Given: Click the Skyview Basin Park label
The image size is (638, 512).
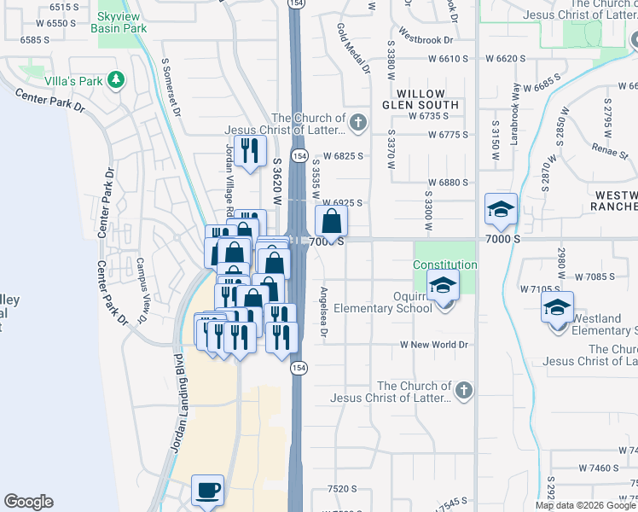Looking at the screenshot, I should pos(122,22).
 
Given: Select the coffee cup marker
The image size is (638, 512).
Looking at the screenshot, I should pos(207,492).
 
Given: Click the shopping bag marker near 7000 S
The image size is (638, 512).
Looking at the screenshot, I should pos(331,221).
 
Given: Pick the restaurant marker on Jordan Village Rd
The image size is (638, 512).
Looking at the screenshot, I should pos(250,151).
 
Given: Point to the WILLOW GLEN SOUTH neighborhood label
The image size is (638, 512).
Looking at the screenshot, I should pos(427,99).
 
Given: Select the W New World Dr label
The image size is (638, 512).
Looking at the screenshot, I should pos(435,345).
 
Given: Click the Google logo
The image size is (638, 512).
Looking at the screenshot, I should pos(29,502).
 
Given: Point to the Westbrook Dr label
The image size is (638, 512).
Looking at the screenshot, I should pos(425,38).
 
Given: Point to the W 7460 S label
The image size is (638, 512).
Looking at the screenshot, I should pos(598,468).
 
